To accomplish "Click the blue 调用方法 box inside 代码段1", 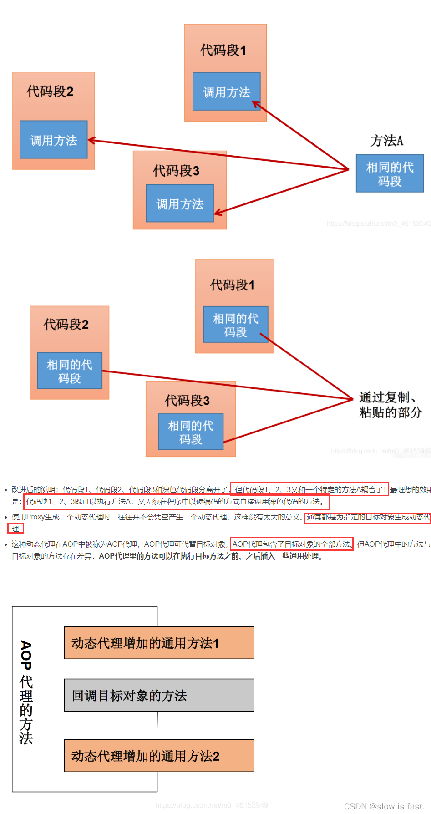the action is click(226, 92).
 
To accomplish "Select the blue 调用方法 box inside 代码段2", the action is click(53, 140).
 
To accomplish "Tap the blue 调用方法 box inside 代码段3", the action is click(180, 203).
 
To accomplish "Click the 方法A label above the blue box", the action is click(386, 141).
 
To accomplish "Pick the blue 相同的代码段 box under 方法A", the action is click(390, 173).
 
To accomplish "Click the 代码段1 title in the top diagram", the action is click(223, 50).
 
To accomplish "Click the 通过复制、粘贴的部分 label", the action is click(390, 405).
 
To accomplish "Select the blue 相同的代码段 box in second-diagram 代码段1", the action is click(235, 325).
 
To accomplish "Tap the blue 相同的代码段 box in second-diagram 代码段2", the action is click(69, 371).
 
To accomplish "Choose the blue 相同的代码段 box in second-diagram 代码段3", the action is click(191, 432).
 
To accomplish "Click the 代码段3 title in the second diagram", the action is click(187, 401).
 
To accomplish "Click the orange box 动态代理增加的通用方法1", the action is click(159, 643).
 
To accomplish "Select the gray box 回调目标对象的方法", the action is click(159, 695).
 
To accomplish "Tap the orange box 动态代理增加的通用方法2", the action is click(159, 756).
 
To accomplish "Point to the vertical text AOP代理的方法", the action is click(26, 692).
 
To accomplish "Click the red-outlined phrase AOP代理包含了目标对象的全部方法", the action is click(291, 544).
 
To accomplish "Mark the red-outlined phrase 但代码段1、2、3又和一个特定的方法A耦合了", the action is click(309, 489).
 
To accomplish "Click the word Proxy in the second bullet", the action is click(35, 517).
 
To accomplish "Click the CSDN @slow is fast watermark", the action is click(384, 806).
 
